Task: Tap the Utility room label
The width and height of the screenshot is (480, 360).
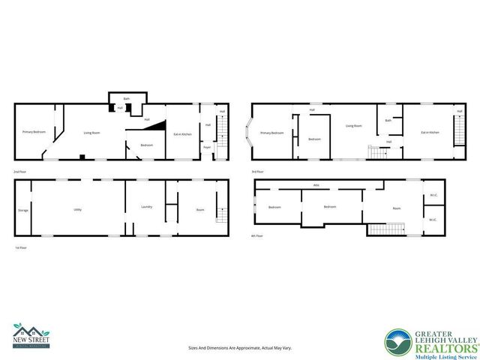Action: (77, 209)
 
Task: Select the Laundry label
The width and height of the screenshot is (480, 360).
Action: (146, 205)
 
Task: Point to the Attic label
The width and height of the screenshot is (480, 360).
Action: (316, 184)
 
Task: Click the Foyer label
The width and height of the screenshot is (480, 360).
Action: (206, 147)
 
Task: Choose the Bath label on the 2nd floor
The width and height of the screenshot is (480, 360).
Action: (127, 98)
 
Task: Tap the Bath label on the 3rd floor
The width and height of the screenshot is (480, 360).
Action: (388, 120)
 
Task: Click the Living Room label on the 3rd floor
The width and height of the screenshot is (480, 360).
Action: (354, 126)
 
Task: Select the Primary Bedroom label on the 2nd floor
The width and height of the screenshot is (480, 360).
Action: (34, 132)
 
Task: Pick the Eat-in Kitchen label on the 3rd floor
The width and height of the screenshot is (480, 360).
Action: (430, 132)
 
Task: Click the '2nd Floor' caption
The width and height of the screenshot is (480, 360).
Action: (21, 172)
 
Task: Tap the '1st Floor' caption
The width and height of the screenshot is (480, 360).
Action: (21, 247)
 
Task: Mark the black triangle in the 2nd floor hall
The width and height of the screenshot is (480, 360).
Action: (154, 128)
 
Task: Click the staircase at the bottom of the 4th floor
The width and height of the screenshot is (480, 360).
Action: (385, 229)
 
